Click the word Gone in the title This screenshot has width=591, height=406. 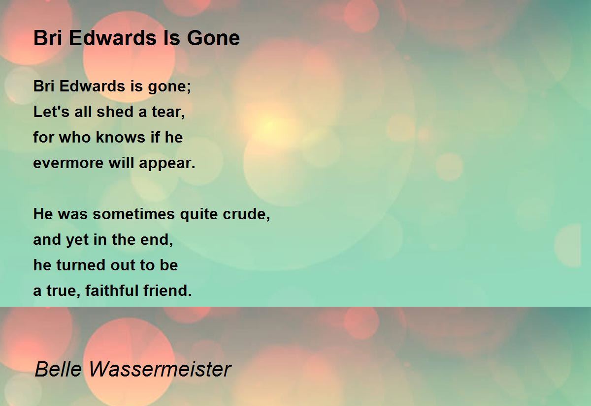[x=213, y=38]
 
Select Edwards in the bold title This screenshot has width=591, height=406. [x=113, y=38]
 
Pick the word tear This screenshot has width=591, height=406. [x=168, y=112]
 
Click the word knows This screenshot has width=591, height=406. [x=120, y=137]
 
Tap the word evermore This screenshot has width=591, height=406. [x=68, y=163]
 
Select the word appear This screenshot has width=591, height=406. [x=167, y=164]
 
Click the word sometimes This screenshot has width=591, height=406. [x=133, y=214]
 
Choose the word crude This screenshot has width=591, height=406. [x=246, y=214]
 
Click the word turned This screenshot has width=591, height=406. [x=81, y=265]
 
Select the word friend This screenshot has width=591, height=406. [x=167, y=290]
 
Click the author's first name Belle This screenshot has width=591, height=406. [x=58, y=369]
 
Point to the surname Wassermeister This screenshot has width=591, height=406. [x=160, y=369]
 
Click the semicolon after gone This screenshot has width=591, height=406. [x=189, y=87]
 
